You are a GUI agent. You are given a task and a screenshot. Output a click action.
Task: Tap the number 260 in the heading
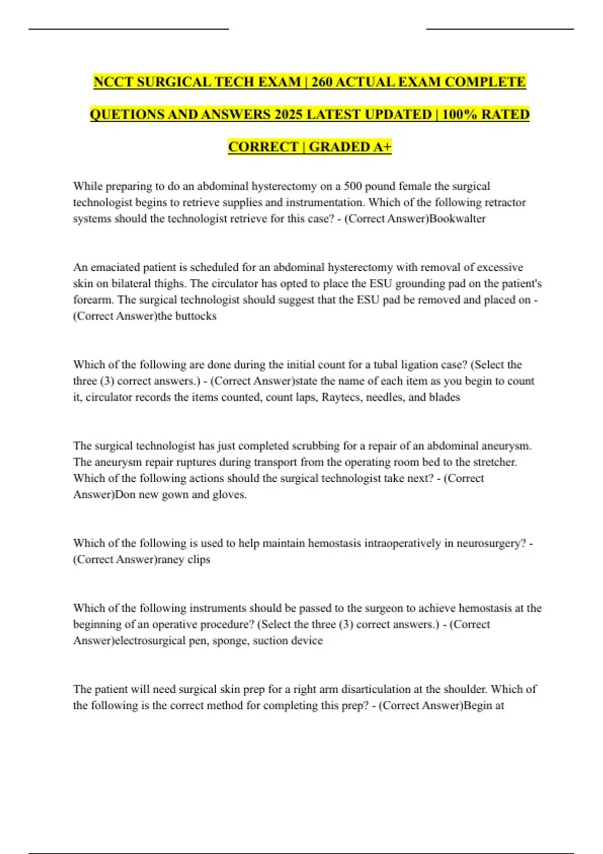tap(321, 82)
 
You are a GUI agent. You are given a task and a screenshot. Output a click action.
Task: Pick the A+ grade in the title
tap(382, 147)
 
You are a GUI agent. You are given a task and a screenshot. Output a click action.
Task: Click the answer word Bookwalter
tap(458, 219)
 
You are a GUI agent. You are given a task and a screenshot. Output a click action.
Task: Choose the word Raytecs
tap(342, 397)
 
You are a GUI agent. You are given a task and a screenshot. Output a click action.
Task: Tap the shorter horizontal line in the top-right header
tap(499, 29)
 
